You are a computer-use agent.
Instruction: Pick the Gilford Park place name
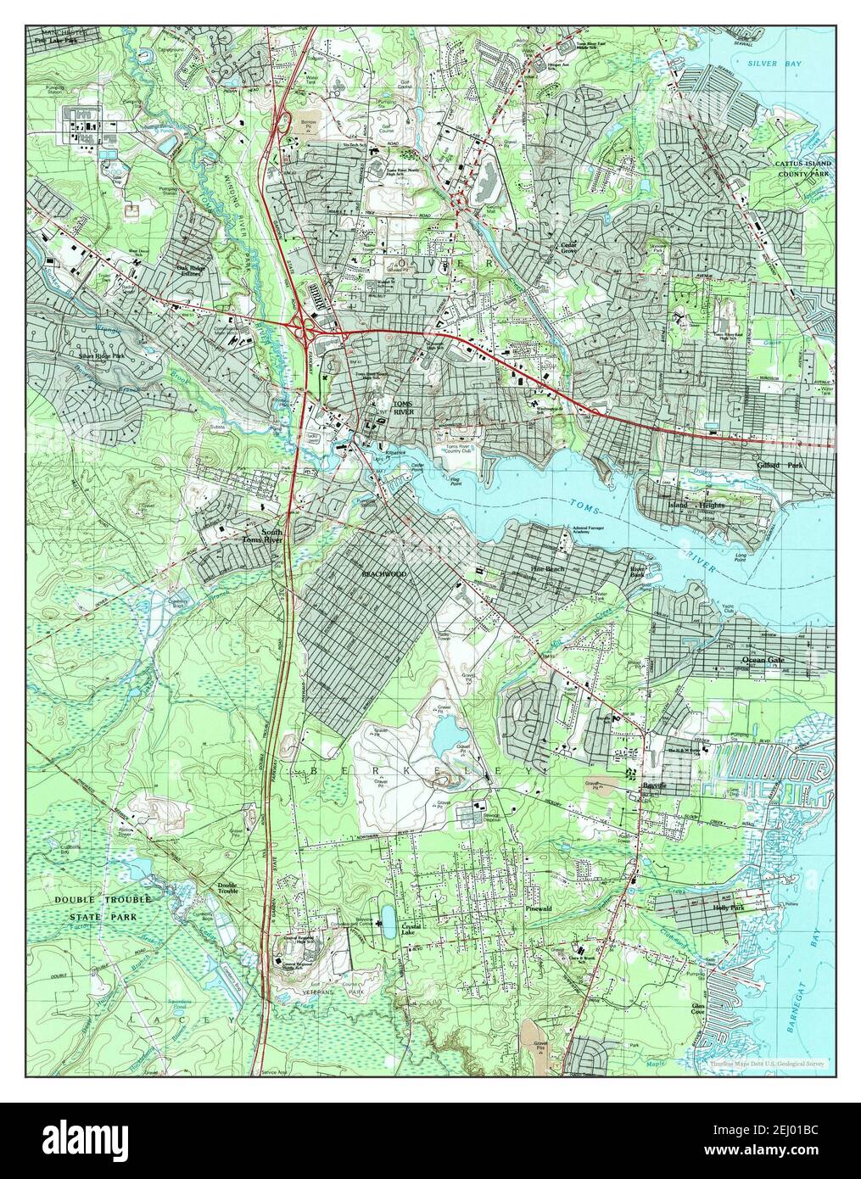783,466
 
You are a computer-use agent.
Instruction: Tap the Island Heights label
696,506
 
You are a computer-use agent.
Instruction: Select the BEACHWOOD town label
383,574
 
